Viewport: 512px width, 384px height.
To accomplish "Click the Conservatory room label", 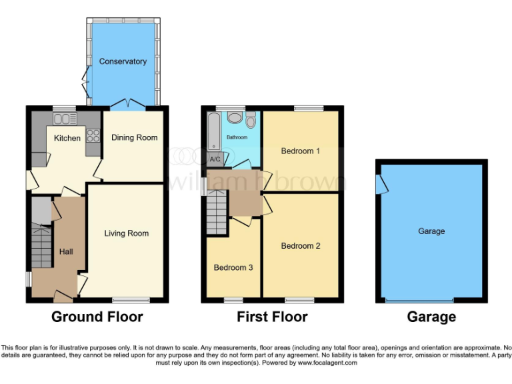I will pos(123,61).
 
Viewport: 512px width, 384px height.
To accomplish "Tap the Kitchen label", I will pos(67,138).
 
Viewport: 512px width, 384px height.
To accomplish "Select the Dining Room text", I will pos(134,137).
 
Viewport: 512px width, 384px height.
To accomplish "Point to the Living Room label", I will pos(126,233).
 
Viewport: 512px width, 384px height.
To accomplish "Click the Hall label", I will pos(66,251).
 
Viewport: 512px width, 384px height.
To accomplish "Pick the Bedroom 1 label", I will pos(301,151).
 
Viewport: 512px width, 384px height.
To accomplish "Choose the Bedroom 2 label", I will pos(301,245).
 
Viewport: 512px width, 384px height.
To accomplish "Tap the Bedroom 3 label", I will pos(233,268).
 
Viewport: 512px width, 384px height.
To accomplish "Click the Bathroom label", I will pos(236,137).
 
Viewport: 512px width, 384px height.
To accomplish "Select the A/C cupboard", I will pos(215,159).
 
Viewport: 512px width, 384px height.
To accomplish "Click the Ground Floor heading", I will pos(97,317).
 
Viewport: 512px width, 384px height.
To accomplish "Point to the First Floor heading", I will pos(272,317).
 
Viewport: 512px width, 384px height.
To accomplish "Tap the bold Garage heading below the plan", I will pos(431,317).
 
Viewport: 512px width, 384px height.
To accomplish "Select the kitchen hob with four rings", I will pos(93,136).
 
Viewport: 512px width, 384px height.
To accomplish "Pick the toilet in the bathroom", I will pos(251,120).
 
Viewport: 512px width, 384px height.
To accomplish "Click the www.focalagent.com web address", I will pos(327,363).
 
